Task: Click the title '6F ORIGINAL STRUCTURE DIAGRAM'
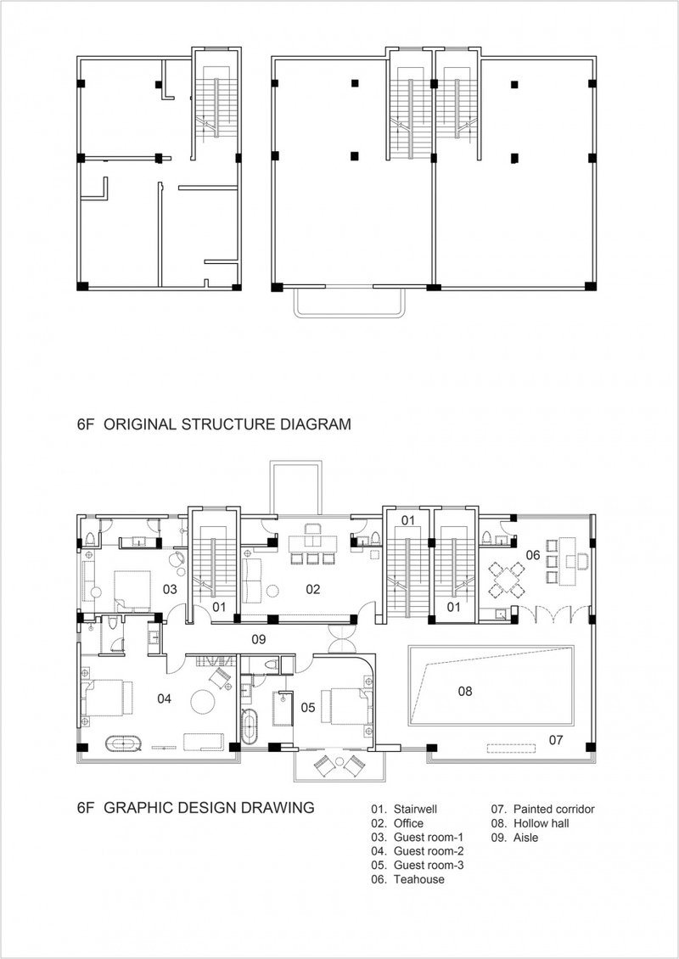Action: pyautogui.click(x=213, y=423)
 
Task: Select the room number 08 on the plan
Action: pyautogui.click(x=464, y=692)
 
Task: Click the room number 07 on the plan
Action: pyautogui.click(x=556, y=740)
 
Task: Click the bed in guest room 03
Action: pyautogui.click(x=132, y=588)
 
